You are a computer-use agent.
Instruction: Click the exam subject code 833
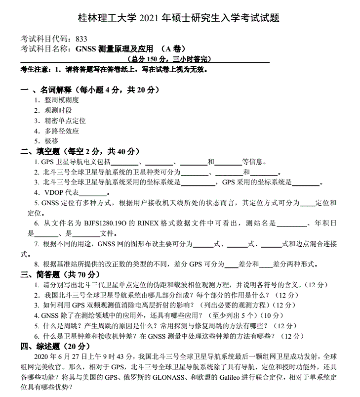pyautogui.click(x=80, y=39)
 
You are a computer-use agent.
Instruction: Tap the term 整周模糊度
pyautogui.click(x=62, y=100)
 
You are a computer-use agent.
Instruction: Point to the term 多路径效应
pyautogui.click(x=62, y=131)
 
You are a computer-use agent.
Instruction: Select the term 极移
pyautogui.click(x=51, y=141)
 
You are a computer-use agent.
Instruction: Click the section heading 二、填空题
pyautogui.click(x=40, y=151)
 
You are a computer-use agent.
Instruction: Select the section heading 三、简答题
pyautogui.click(x=40, y=274)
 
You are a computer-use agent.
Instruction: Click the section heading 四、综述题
pyautogui.click(x=40, y=346)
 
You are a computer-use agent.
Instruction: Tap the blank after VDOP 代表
pyautogui.click(x=93, y=193)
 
